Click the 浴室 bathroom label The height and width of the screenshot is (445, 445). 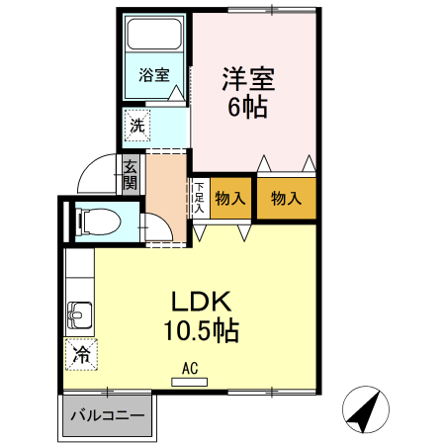pyautogui.click(x=153, y=74)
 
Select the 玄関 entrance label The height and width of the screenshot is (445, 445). pyautogui.click(x=131, y=176)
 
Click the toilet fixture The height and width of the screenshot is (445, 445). pyautogui.click(x=99, y=221)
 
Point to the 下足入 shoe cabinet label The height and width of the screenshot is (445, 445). pyautogui.click(x=199, y=197)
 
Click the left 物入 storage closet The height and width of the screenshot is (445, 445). pyautogui.click(x=230, y=199)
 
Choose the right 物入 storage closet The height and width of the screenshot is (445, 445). pyautogui.click(x=287, y=199)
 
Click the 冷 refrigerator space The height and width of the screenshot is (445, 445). pyautogui.click(x=81, y=352)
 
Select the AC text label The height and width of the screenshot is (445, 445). pyautogui.click(x=190, y=369)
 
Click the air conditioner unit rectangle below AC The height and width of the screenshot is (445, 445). pyautogui.click(x=190, y=381)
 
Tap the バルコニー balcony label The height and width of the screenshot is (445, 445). pyautogui.click(x=111, y=416)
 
